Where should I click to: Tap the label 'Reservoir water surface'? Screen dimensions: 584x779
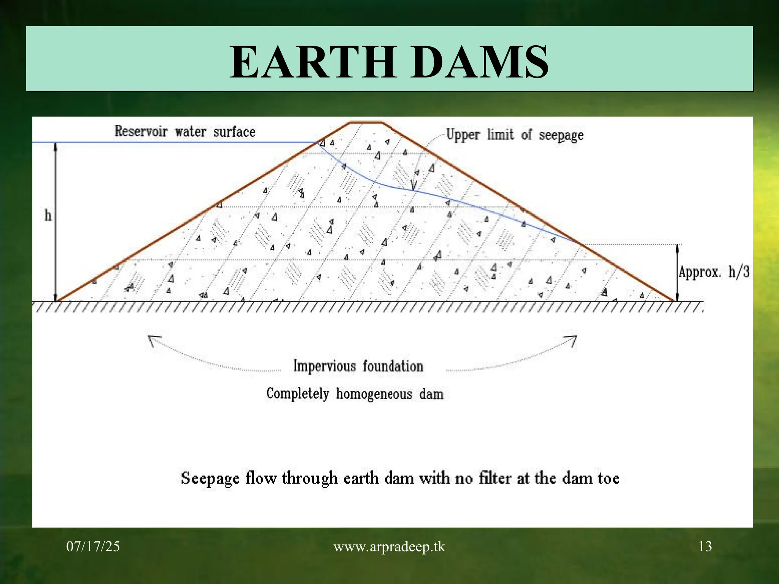coord(185,132)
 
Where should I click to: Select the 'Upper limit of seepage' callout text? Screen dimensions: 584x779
coord(514,135)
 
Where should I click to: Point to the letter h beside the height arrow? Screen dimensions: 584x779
coord(48,216)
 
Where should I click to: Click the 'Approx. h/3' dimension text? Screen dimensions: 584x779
coord(714,272)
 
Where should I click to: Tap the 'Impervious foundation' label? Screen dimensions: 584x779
coord(358,366)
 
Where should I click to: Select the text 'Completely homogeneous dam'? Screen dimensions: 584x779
coord(355,394)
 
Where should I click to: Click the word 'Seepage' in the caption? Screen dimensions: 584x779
coord(210,478)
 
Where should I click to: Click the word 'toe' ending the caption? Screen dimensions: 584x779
coord(608,478)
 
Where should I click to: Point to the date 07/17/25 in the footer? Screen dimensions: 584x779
coord(93,547)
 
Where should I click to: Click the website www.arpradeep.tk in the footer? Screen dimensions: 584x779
coord(389,547)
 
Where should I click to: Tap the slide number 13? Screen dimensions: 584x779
coord(705,547)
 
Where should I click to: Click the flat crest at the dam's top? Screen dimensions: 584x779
coord(366,122)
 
